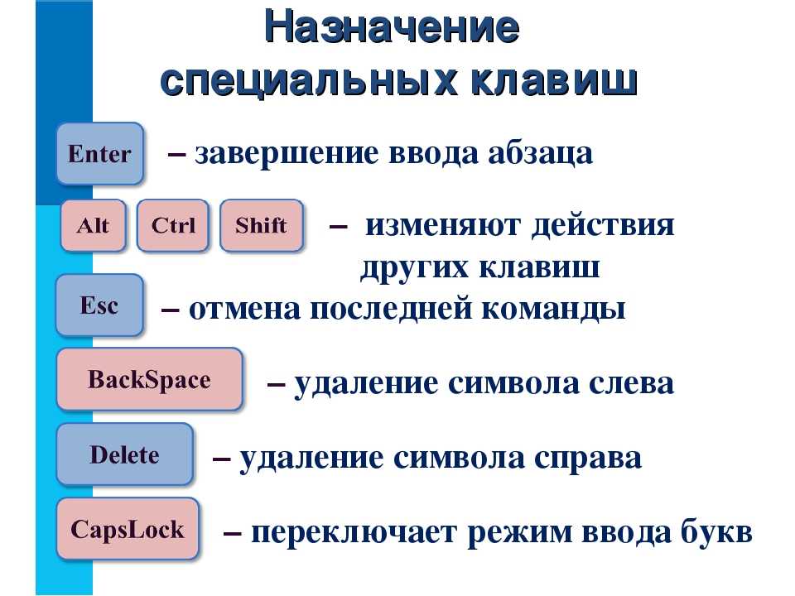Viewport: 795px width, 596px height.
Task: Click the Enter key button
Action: click(x=100, y=153)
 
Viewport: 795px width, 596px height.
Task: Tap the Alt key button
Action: click(x=93, y=225)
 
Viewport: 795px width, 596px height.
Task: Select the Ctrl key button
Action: click(x=173, y=225)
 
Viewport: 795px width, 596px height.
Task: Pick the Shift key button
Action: click(x=262, y=225)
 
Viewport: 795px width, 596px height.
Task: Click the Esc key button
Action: click(x=99, y=305)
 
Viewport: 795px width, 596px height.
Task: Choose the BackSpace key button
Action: click(x=150, y=379)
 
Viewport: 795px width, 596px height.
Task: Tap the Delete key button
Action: click(x=125, y=454)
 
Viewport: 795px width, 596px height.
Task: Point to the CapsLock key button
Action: click(x=128, y=529)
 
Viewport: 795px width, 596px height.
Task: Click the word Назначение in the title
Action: click(x=392, y=26)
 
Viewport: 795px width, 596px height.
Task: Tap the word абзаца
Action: click(x=541, y=154)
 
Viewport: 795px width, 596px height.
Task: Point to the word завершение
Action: click(x=287, y=154)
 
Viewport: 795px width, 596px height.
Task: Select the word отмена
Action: click(x=244, y=309)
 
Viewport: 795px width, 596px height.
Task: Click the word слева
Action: click(x=631, y=384)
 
